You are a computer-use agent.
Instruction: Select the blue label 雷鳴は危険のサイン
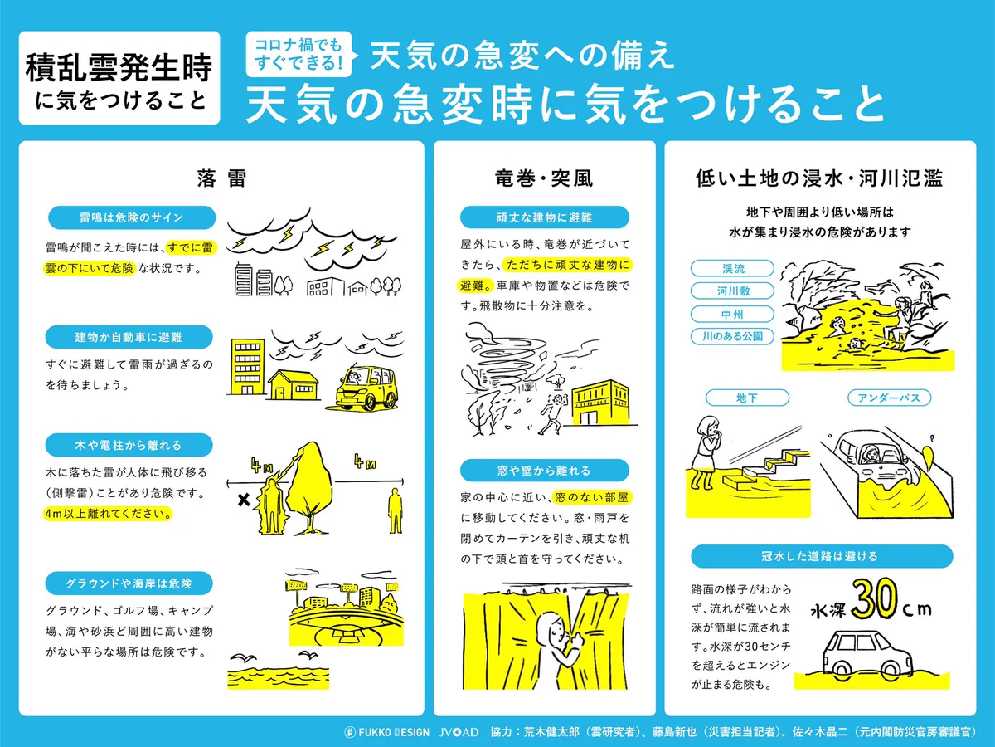click(130, 217)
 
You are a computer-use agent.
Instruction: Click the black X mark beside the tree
click(244, 500)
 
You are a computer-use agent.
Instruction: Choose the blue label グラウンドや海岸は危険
click(130, 583)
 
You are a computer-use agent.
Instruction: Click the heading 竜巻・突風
click(544, 178)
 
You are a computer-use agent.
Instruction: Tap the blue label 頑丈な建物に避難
click(544, 217)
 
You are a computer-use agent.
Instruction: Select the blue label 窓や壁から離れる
click(544, 470)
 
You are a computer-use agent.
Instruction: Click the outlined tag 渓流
click(732, 269)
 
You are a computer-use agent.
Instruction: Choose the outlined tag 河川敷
click(732, 291)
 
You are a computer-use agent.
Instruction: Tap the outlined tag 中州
click(732, 314)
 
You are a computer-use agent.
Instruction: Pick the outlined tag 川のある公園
click(732, 336)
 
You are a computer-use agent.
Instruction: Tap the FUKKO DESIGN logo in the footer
click(386, 733)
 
